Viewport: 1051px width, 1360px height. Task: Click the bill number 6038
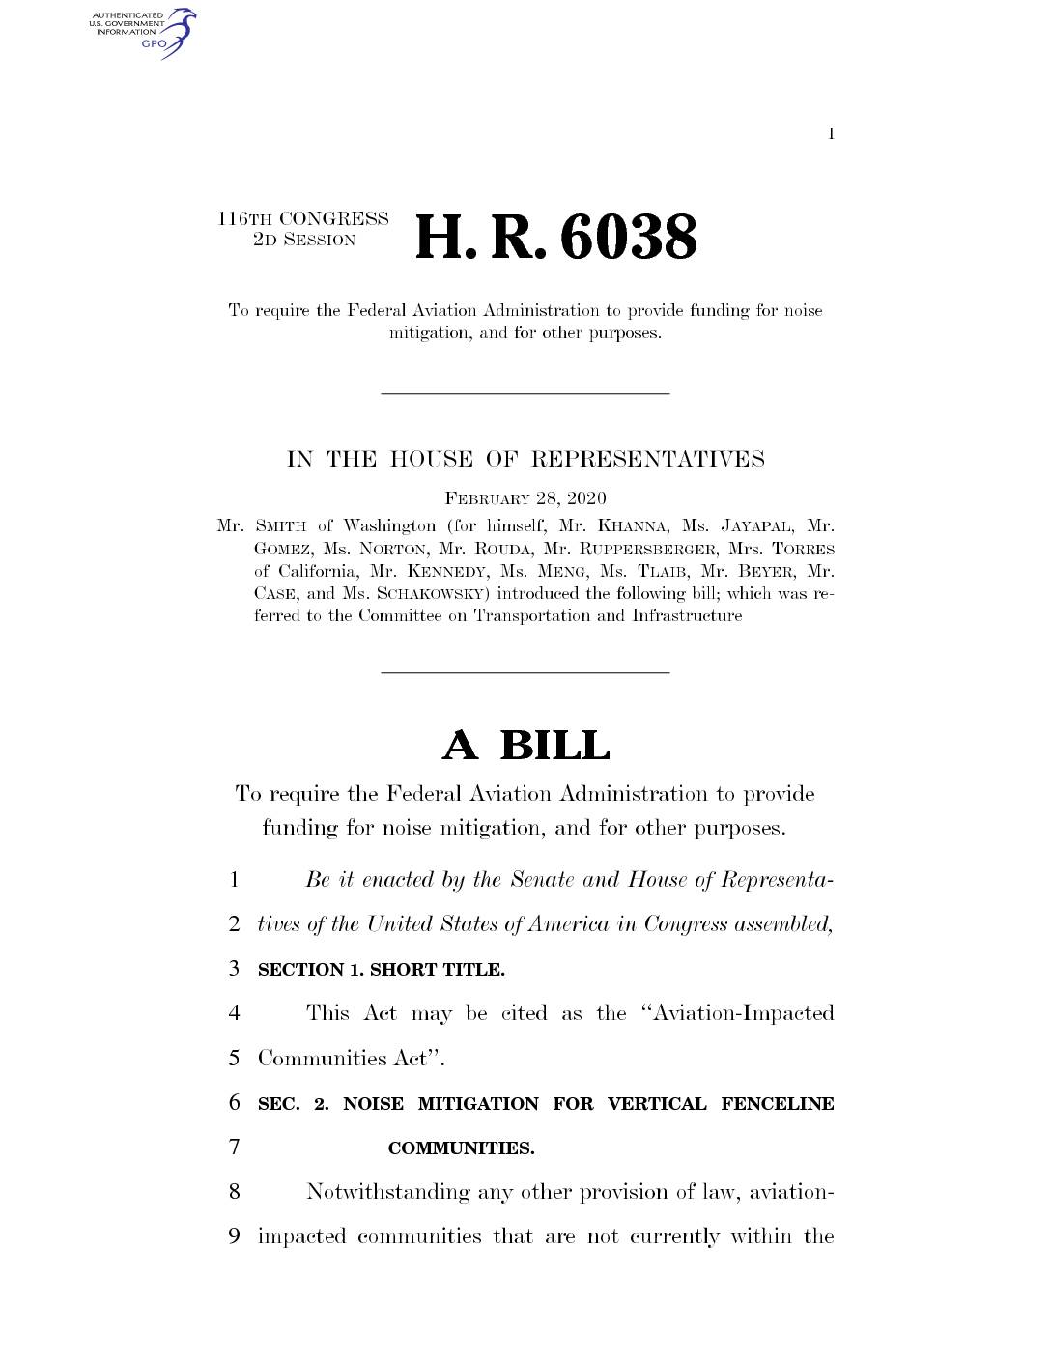[x=628, y=238]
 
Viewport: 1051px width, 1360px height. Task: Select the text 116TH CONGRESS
[x=303, y=219]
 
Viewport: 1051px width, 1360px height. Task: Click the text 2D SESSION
[x=304, y=241]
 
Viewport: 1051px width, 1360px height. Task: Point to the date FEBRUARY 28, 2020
[x=525, y=498]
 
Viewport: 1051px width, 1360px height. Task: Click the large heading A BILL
[x=525, y=746]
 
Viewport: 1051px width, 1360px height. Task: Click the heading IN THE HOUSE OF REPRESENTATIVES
[x=525, y=460]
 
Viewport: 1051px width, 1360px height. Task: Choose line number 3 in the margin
[x=235, y=968]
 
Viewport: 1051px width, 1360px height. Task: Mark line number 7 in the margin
[x=235, y=1147]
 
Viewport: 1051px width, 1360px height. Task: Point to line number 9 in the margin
[x=235, y=1236]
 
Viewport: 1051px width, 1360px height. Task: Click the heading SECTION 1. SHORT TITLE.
[x=382, y=969]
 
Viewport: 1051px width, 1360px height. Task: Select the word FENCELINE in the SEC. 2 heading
[x=777, y=1104]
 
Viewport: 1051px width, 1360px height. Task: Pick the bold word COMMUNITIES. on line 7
[x=461, y=1148]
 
